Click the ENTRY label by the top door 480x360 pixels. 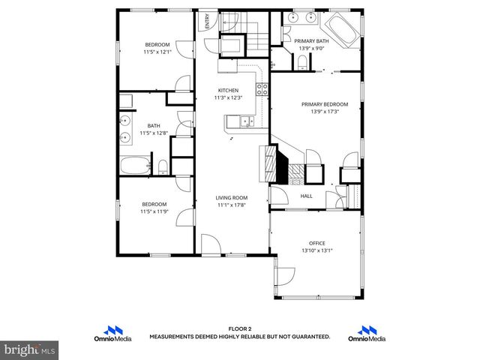(x=207, y=22)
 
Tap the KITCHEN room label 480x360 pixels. (x=228, y=91)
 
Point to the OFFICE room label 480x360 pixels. (x=316, y=243)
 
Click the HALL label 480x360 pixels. (x=306, y=196)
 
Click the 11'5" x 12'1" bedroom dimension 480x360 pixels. (x=157, y=52)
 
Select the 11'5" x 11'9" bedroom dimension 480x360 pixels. (x=155, y=211)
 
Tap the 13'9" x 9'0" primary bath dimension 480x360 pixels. (x=310, y=48)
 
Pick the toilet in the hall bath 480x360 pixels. (x=162, y=166)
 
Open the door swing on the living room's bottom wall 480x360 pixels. (x=210, y=244)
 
